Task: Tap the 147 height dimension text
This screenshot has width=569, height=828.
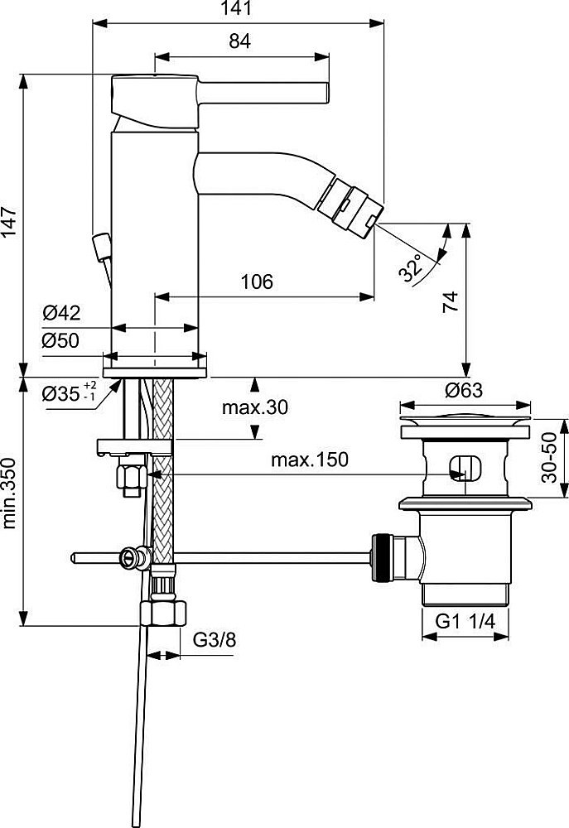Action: click(11, 223)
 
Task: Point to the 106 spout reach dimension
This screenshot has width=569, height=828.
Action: click(257, 282)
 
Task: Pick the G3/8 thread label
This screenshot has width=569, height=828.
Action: click(215, 639)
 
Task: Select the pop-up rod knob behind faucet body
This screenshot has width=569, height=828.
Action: click(103, 247)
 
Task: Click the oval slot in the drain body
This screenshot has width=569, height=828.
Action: click(463, 468)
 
